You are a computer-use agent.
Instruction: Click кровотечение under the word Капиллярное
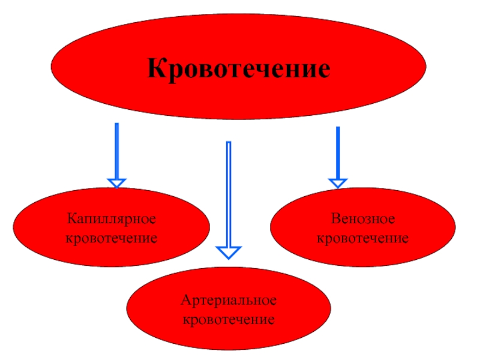pos(112,239)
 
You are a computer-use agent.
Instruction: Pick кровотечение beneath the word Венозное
pos(362,239)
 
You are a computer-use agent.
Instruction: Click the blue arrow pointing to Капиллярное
pos(116,150)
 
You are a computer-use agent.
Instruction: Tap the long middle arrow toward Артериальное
pos(229,192)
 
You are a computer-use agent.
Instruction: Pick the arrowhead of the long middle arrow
pos(229,252)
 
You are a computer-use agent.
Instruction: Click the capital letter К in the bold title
pos(157,68)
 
